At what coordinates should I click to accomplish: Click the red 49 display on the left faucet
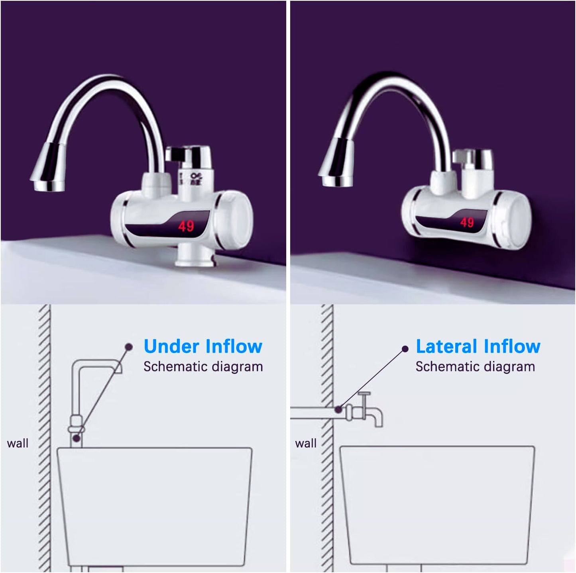tap(186, 226)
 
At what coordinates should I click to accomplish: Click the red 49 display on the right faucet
tap(467, 222)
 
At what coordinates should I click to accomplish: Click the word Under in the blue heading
tap(171, 346)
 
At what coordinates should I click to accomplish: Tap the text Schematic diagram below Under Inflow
tap(203, 367)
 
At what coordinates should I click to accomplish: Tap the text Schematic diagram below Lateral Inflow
tap(475, 367)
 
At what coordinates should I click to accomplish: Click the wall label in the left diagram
tap(18, 443)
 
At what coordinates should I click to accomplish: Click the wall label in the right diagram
tap(305, 443)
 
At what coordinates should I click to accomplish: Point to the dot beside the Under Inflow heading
tap(128, 347)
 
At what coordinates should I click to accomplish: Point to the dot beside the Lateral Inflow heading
tap(405, 349)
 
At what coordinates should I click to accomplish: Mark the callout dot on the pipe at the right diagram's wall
tap(338, 409)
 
